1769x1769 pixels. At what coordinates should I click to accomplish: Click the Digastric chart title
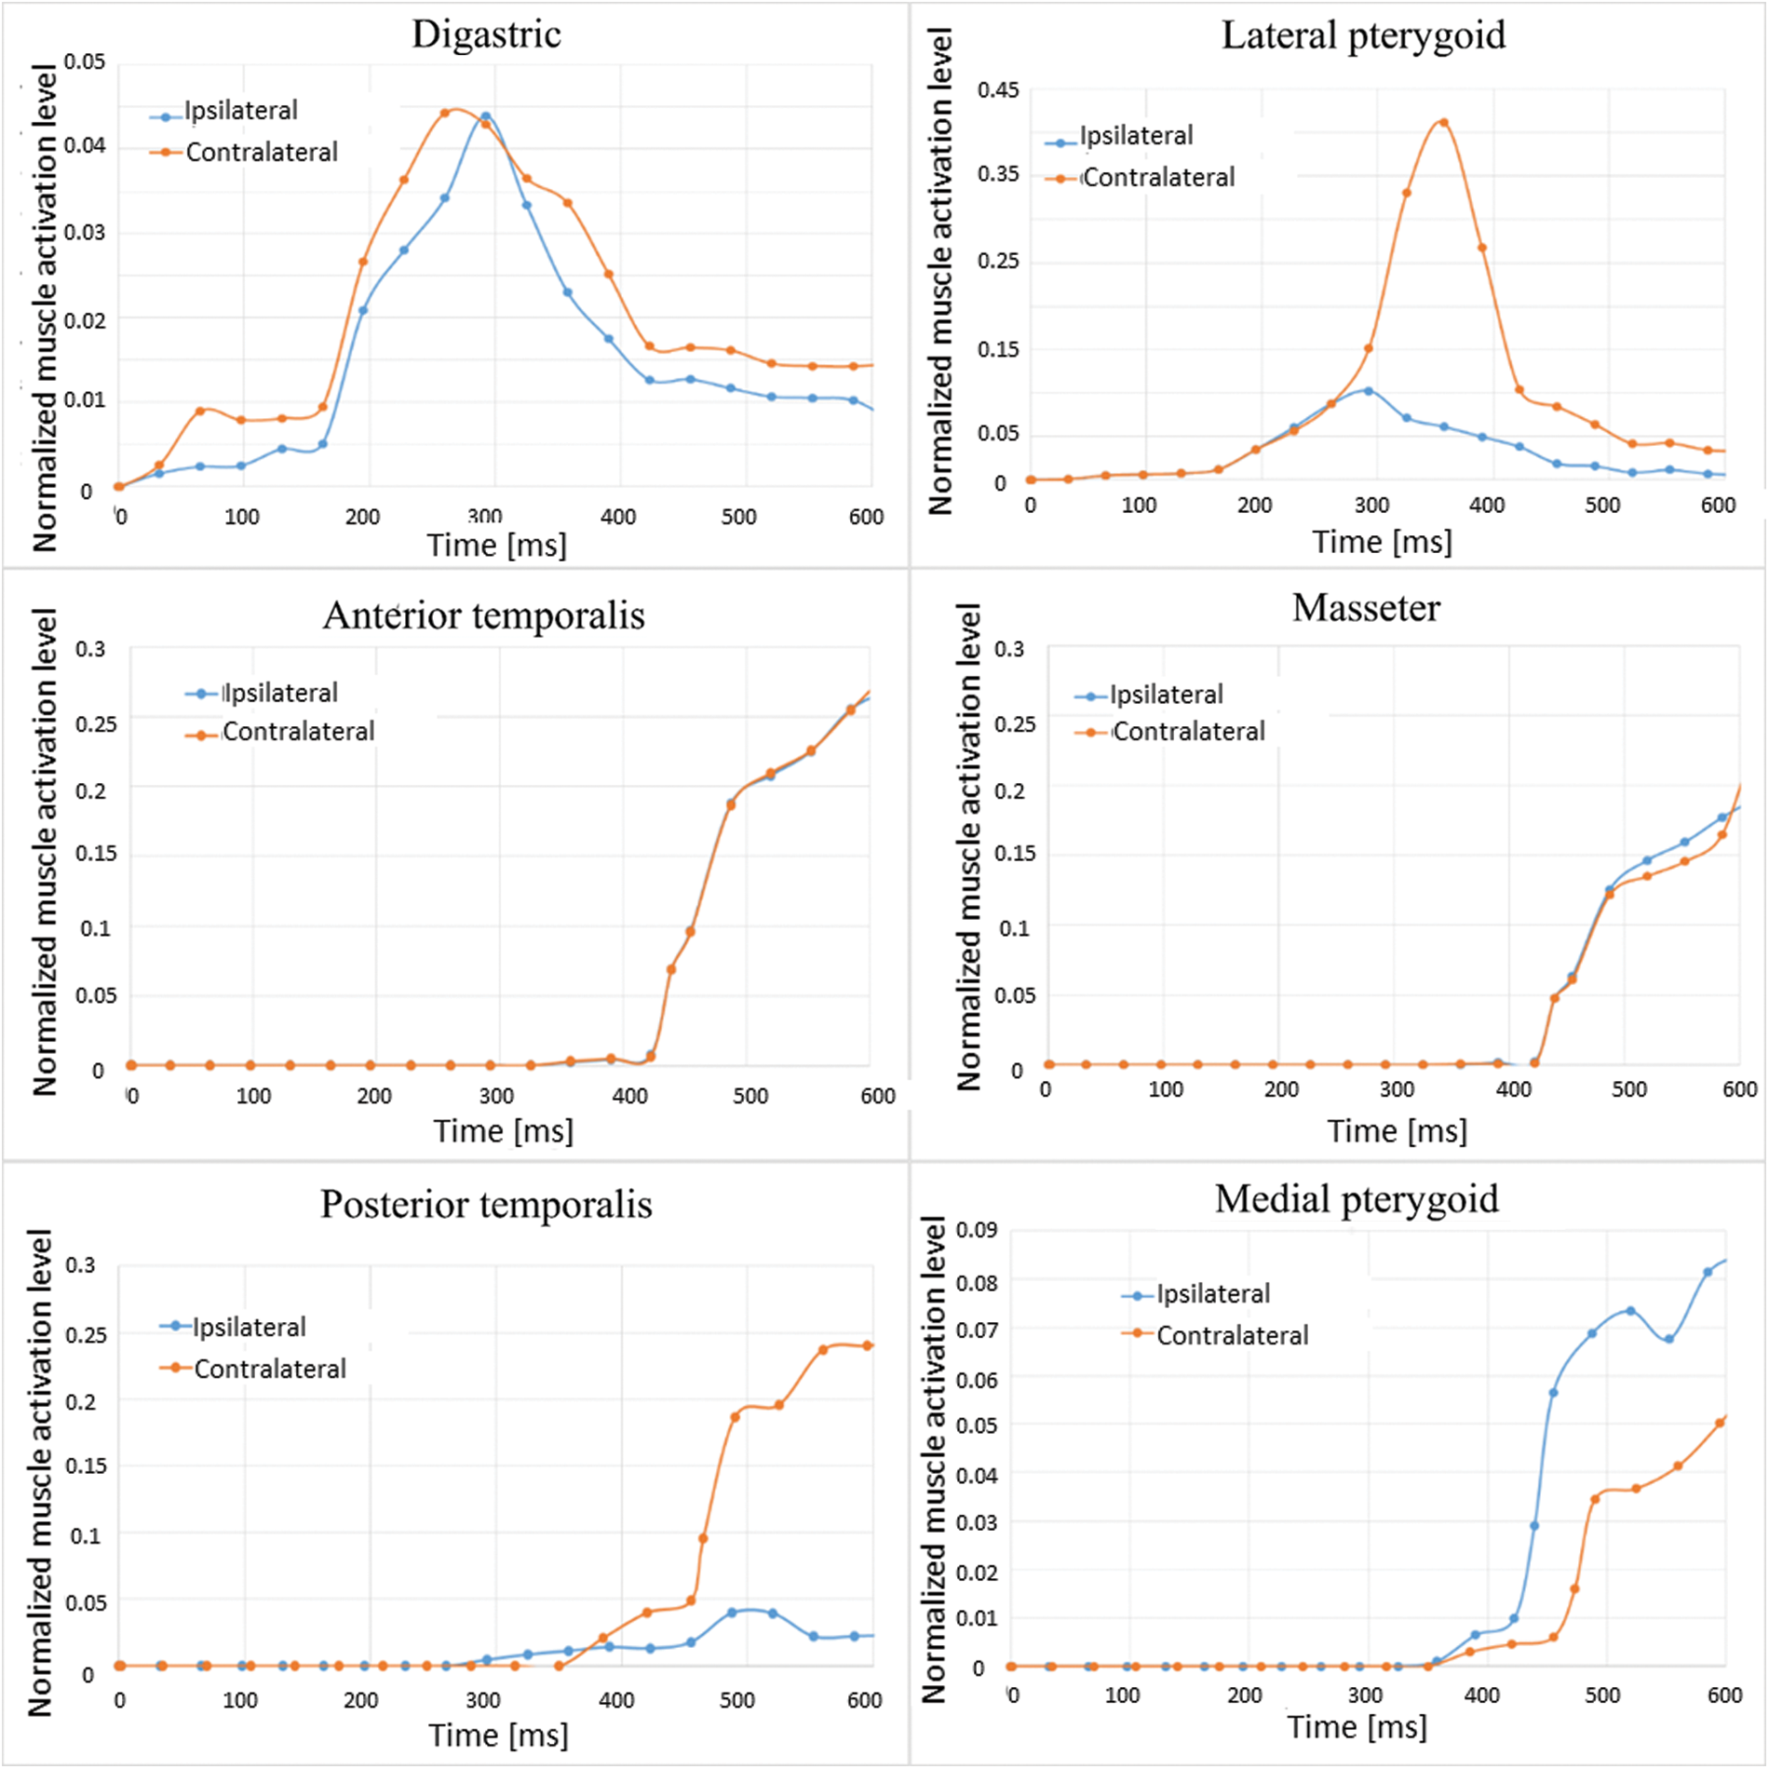[486, 34]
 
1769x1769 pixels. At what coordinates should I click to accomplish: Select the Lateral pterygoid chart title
[1363, 35]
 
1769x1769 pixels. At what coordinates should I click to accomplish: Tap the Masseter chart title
[1366, 608]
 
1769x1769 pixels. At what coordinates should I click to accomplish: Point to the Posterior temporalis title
[486, 1204]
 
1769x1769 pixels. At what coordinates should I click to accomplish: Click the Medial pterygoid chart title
[1357, 1198]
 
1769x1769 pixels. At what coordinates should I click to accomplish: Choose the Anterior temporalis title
[483, 615]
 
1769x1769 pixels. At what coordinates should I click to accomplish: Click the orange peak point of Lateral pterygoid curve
[1443, 122]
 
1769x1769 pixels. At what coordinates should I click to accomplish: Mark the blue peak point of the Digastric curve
[485, 116]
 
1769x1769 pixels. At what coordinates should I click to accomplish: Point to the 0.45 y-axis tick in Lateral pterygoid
[998, 90]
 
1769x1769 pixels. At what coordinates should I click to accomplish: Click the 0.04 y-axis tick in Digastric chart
[85, 145]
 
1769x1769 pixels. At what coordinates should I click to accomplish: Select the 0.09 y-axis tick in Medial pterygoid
[977, 1230]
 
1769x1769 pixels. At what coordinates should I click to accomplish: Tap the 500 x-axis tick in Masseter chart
[1628, 1089]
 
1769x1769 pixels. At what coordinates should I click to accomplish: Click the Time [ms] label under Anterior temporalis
[503, 1130]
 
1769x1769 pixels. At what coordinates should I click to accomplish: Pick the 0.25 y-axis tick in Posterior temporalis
[86, 1334]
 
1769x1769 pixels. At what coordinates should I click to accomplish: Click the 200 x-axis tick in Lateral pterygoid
[1254, 506]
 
